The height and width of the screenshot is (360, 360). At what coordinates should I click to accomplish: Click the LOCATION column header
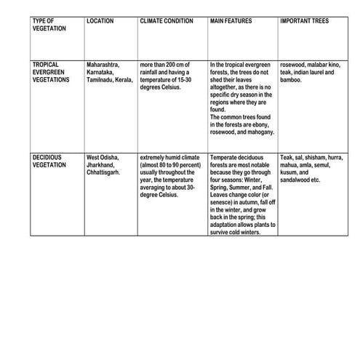(100, 21)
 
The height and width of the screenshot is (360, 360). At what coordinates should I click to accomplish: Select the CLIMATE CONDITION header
(167, 21)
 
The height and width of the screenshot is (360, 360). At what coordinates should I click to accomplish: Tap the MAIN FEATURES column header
(231, 21)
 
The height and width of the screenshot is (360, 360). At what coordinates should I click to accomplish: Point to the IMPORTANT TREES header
(304, 21)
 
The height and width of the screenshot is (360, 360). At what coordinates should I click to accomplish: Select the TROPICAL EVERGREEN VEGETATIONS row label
(52, 72)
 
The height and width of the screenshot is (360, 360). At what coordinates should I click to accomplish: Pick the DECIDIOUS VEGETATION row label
(49, 161)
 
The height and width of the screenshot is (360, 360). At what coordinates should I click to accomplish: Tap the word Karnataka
(100, 72)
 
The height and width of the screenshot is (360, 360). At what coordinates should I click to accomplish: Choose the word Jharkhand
(101, 165)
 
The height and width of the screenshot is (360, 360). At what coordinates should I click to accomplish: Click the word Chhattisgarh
(104, 172)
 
